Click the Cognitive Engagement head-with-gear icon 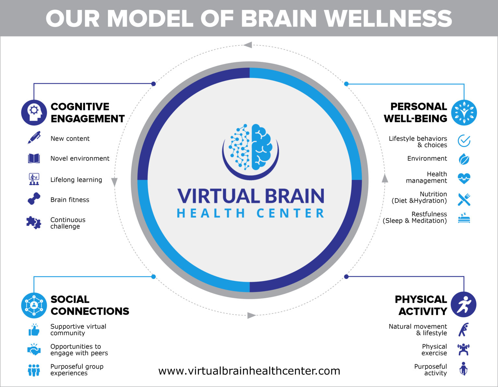(x=34, y=112)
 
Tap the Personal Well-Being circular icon (x=464, y=113)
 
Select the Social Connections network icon (x=34, y=305)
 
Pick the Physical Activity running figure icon (x=463, y=305)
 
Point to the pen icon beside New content (x=34, y=138)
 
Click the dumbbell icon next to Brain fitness (x=34, y=199)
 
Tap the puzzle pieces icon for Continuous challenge (x=34, y=223)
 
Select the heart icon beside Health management (x=464, y=178)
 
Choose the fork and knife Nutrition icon (x=464, y=199)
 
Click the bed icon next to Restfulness (x=464, y=218)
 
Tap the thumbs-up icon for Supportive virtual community (x=34, y=330)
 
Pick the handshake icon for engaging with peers (x=34, y=350)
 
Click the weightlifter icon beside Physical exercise (x=464, y=349)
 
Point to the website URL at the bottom (x=249, y=371)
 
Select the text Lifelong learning (x=76, y=180)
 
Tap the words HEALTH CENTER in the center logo (x=250, y=213)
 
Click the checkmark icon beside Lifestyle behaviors (x=464, y=141)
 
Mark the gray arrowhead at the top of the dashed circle (x=248, y=45)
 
